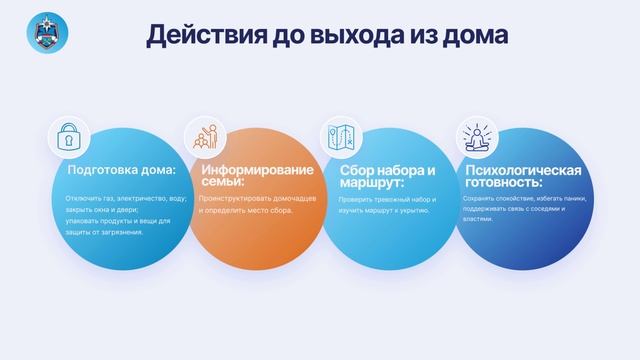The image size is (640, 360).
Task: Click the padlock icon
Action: pyautogui.click(x=70, y=140)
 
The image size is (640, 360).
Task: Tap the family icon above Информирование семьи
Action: pyautogui.click(x=206, y=139)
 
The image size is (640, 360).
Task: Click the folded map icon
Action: pyautogui.click(x=341, y=139)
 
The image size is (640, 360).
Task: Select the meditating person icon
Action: pyautogui.click(x=476, y=139)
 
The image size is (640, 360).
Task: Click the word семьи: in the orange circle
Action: pyautogui.click(x=221, y=183)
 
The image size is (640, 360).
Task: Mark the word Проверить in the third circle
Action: pyautogui.click(x=357, y=199)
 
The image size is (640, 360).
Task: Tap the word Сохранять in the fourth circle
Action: pyautogui.click(x=483, y=199)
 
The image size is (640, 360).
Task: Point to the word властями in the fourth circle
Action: pyautogui.click(x=478, y=221)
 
